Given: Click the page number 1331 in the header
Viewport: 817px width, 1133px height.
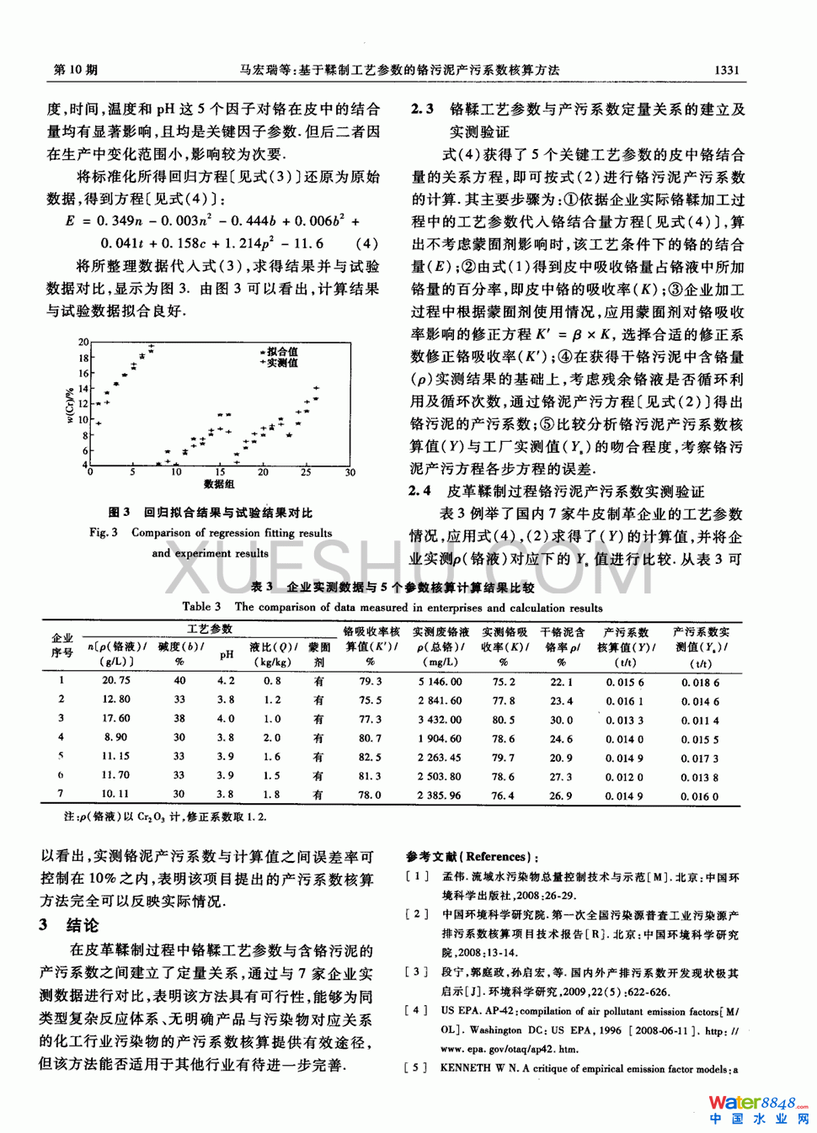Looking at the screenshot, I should click(725, 70).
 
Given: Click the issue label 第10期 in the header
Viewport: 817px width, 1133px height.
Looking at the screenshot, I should click(75, 70).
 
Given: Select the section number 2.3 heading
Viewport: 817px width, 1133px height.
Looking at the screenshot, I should click(422, 109).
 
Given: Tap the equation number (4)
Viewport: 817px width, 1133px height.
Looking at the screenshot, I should click(366, 243).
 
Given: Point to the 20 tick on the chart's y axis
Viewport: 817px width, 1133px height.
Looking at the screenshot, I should click(83, 343).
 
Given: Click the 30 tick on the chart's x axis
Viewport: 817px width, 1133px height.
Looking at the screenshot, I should click(350, 472).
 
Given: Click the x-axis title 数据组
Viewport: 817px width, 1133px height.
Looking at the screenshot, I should click(219, 484).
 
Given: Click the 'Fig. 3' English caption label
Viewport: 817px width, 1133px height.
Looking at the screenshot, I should click(104, 533).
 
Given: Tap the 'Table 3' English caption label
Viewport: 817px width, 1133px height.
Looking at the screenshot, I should click(201, 607).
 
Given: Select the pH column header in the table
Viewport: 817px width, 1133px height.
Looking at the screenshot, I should click(226, 654).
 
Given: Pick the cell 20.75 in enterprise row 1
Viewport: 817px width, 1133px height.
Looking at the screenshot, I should click(115, 680).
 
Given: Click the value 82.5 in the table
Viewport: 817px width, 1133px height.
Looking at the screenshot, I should click(370, 758).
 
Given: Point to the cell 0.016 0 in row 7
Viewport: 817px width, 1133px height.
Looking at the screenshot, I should click(701, 795).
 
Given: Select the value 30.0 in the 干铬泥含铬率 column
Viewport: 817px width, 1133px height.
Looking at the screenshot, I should click(561, 720).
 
